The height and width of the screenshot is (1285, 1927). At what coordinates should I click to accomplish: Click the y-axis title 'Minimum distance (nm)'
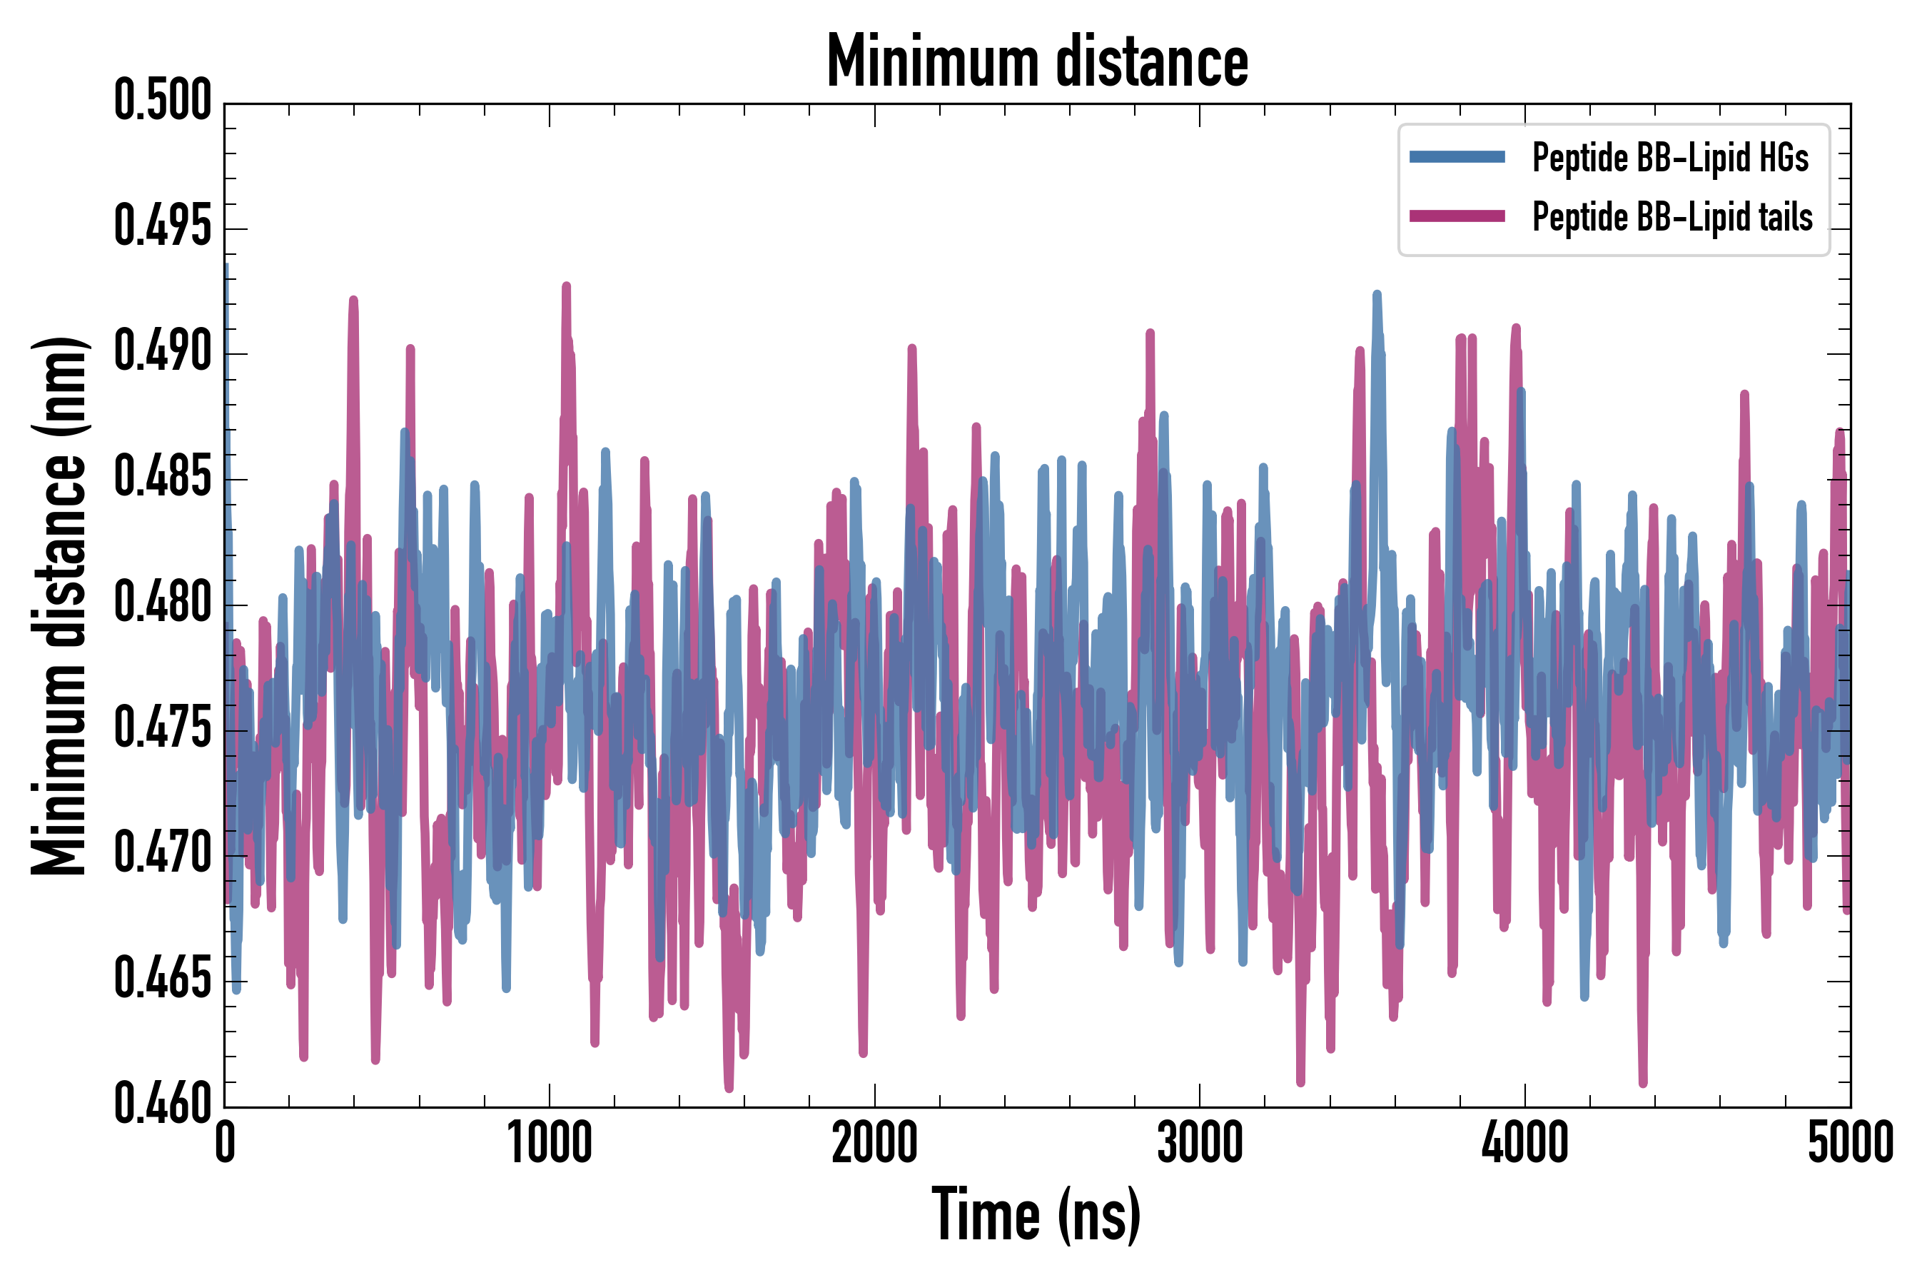point(59,605)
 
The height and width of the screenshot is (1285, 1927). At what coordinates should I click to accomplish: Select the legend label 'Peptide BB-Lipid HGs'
point(1670,157)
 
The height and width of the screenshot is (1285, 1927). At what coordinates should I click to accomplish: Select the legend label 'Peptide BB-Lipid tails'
point(1672,217)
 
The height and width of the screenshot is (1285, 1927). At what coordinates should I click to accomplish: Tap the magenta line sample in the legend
point(1457,216)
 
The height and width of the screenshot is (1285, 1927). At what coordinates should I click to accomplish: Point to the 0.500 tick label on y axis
point(162,101)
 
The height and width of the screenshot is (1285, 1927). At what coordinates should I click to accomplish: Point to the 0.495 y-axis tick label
point(162,227)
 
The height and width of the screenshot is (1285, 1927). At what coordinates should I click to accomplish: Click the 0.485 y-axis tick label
point(162,478)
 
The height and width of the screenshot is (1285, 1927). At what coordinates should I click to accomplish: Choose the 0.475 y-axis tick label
point(162,730)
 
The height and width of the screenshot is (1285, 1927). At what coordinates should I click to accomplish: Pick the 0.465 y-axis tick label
point(162,980)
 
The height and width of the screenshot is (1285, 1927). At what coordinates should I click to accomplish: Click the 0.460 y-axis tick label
point(162,1104)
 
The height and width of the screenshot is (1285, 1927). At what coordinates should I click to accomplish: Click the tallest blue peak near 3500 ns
point(1377,294)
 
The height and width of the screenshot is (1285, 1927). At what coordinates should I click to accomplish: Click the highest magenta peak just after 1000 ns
point(566,286)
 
